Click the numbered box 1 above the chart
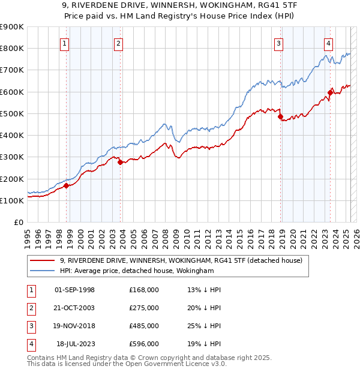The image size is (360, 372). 64,43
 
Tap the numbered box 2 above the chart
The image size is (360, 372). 119,43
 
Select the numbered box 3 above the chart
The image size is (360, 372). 279,43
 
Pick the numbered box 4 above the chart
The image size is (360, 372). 329,43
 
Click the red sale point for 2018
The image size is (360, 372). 280,117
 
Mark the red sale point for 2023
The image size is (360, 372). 330,92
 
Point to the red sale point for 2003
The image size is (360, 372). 120,162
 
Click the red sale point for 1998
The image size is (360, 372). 66,185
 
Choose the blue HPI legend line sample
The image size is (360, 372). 42,271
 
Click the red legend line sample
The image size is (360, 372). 42,260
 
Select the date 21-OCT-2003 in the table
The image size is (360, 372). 74,308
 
